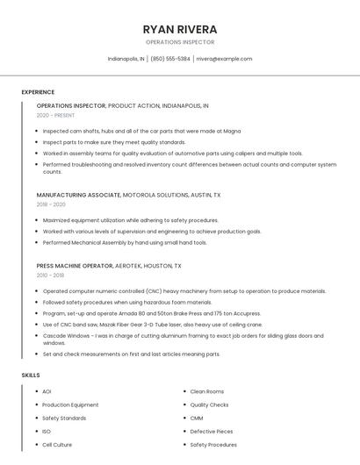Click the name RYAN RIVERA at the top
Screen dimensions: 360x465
pos(179,29)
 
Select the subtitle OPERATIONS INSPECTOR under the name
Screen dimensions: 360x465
pos(179,42)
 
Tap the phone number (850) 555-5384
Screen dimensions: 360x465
pos(170,59)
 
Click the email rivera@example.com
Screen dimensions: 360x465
pos(224,59)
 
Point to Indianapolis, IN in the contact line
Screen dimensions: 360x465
pos(126,59)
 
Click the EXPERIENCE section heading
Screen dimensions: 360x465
pos(38,92)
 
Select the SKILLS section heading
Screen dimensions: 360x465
pos(31,375)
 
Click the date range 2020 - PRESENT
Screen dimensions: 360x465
pos(55,115)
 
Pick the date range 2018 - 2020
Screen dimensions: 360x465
pos(51,204)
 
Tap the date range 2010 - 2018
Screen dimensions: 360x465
pos(51,275)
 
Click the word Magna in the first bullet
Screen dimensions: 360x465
pos(233,131)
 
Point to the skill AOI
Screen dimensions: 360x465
pos(47,391)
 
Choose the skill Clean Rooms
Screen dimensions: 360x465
pos(207,391)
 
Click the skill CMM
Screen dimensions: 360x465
pos(197,418)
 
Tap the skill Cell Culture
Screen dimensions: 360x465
pos(57,445)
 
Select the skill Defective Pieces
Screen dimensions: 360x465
pos(212,432)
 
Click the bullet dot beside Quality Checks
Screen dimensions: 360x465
pos(183,405)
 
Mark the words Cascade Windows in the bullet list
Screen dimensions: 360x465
pos(63,335)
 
